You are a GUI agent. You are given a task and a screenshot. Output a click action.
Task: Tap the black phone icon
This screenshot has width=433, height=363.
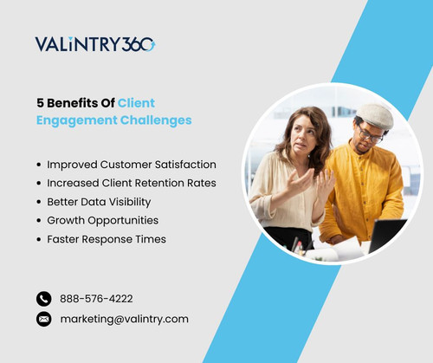tap(44, 298)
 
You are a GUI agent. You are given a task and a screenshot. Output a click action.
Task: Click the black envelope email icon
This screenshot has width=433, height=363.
tap(44, 319)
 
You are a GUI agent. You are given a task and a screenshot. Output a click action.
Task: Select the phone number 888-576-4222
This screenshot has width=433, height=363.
tap(96, 299)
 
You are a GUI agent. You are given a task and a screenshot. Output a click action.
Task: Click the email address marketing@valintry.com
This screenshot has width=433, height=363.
tap(124, 319)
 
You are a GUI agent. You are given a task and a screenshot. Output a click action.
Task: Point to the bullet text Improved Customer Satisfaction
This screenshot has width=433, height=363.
tap(132, 164)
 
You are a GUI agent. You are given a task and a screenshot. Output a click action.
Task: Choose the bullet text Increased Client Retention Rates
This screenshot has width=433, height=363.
tap(132, 183)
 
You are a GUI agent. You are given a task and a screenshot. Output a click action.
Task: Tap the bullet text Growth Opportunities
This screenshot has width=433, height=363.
tap(103, 220)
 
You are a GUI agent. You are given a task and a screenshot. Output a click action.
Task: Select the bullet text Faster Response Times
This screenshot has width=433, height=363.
tap(107, 239)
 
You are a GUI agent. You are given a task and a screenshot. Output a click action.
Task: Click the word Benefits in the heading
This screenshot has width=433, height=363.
tap(73, 102)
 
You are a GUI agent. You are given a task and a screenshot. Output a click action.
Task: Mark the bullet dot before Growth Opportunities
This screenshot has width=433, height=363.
tap(39, 221)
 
